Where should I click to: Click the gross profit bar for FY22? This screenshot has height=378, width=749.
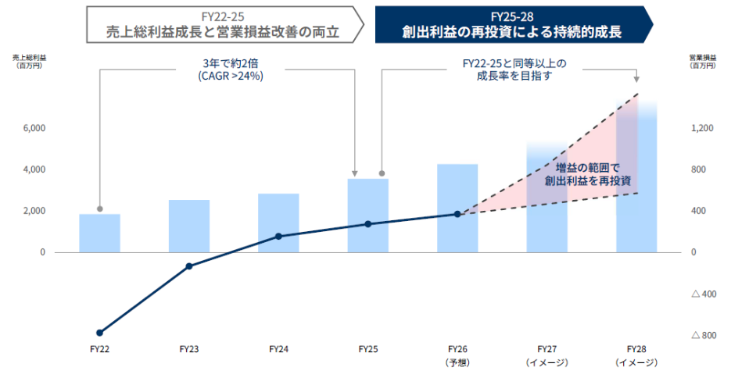pyautogui.click(x=99, y=233)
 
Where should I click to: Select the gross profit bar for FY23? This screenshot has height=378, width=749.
pyautogui.click(x=188, y=226)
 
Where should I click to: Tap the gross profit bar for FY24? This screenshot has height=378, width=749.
pyautogui.click(x=278, y=223)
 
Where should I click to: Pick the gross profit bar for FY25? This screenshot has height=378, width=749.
pyautogui.click(x=367, y=215)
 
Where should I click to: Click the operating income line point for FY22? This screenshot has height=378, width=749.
pyautogui.click(x=99, y=333)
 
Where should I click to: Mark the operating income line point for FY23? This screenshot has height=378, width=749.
pyautogui.click(x=188, y=266)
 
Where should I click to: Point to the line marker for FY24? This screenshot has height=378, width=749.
pyautogui.click(x=278, y=236)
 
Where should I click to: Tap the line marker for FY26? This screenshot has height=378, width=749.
pyautogui.click(x=457, y=213)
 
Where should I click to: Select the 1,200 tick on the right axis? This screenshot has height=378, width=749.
pyautogui.click(x=701, y=128)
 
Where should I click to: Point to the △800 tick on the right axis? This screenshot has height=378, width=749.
pyautogui.click(x=703, y=335)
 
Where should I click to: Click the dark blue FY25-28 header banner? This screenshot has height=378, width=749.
pyautogui.click(x=511, y=24)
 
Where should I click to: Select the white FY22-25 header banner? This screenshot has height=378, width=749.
pyautogui.click(x=224, y=24)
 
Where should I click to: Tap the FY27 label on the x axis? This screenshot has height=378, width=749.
pyautogui.click(x=547, y=349)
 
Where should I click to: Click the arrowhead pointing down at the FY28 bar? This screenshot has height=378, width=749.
pyautogui.click(x=636, y=78)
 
